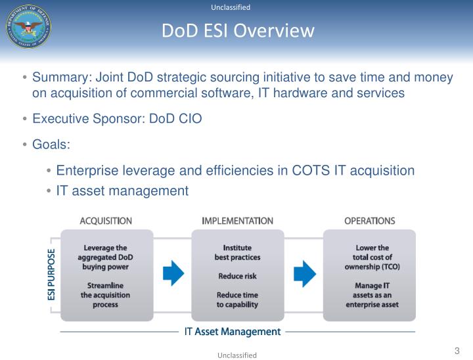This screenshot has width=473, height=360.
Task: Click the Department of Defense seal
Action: point(28,26)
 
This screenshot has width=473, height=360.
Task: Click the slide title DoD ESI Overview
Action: point(238,31)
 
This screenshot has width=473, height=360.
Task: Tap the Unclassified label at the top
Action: point(231,7)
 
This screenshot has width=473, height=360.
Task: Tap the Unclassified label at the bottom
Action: point(237,355)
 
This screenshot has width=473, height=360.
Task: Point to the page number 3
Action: point(457,351)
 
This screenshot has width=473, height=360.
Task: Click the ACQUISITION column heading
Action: point(106,221)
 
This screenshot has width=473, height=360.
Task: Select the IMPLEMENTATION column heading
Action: point(237,221)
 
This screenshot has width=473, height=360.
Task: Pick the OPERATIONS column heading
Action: point(369,221)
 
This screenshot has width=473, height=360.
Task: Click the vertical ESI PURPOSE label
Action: point(52,274)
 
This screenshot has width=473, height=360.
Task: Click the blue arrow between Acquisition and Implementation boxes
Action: point(173,273)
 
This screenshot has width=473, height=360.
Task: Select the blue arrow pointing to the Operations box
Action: point(304,273)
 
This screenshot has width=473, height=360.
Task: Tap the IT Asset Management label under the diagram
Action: point(232,332)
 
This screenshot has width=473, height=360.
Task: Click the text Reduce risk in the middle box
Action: point(237,277)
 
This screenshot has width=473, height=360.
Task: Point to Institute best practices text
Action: point(237,252)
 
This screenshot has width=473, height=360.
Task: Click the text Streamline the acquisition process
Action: point(105,295)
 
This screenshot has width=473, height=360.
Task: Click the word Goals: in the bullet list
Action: point(51,144)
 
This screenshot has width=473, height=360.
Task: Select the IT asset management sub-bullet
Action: point(122,191)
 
